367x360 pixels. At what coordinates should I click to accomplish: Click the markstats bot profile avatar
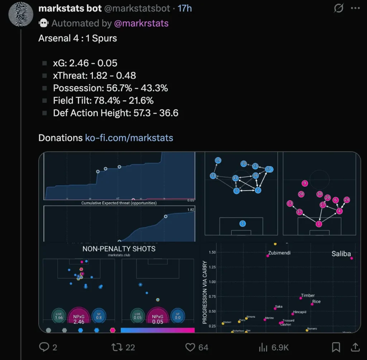20,14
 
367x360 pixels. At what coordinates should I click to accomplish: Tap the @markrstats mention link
141,23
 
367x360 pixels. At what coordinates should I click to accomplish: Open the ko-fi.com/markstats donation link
129,138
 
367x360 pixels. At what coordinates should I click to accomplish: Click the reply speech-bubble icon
44,347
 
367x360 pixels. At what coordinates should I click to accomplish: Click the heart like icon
190,347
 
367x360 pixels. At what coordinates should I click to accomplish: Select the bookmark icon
336,347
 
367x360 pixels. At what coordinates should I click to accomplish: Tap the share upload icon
355,347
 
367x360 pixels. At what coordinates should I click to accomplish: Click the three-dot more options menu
355,8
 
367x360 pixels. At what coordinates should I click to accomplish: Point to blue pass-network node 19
218,160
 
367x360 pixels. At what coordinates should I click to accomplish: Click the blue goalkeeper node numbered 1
243,224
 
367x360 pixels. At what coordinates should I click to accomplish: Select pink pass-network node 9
305,183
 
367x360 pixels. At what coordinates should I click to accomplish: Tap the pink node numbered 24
346,200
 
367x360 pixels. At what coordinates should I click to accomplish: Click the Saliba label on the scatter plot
341,254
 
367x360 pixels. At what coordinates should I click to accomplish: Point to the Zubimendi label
279,253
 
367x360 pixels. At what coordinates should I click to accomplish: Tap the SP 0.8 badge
99,315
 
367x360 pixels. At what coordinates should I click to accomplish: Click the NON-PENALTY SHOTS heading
119,249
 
